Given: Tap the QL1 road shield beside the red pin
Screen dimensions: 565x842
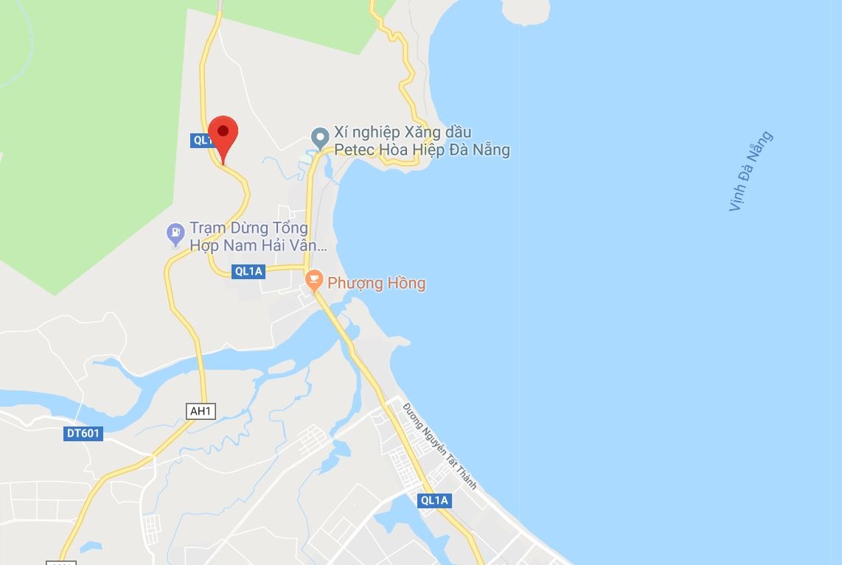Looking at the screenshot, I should [x=201, y=140].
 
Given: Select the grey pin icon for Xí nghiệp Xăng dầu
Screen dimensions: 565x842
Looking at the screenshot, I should [x=319, y=137].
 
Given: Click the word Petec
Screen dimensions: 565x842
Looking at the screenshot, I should [x=354, y=150].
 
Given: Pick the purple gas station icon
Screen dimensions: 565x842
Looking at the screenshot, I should [x=175, y=235].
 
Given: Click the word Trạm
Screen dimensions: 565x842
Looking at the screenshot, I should [x=207, y=228].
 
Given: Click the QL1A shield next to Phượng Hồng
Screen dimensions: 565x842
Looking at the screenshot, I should [x=248, y=271].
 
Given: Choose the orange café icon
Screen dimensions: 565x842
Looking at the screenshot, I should [x=315, y=280].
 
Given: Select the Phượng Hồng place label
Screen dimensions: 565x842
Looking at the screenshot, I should [x=376, y=283].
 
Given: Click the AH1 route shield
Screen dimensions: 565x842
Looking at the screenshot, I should [x=201, y=412].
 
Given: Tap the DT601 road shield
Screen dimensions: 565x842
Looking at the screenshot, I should [x=83, y=434].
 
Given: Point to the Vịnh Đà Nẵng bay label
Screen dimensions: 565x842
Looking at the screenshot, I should [x=751, y=171].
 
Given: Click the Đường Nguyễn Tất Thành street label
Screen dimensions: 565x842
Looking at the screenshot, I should [x=440, y=446].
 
